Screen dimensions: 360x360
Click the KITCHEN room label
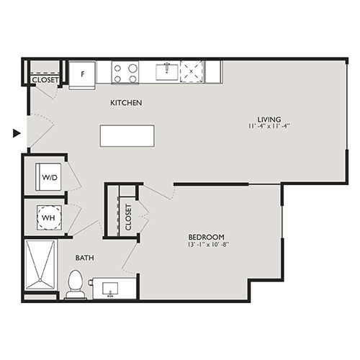point(126,103)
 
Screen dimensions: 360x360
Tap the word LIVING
point(269,120)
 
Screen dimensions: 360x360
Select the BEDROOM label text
point(206,237)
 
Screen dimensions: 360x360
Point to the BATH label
point(85,258)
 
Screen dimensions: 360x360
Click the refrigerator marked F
point(82,75)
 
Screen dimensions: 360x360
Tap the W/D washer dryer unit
point(48,177)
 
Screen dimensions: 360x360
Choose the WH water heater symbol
point(49,217)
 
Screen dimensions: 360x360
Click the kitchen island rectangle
point(127,135)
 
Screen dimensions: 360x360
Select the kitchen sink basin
point(167,72)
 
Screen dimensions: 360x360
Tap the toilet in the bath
point(76,284)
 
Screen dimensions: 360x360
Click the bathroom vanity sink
point(110,289)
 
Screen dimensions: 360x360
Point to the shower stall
point(40,264)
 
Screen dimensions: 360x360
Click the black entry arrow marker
point(17,133)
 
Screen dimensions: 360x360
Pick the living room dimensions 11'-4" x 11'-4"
point(269,126)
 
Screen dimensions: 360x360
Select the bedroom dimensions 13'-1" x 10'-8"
point(208,245)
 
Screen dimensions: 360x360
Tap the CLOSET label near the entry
point(45,80)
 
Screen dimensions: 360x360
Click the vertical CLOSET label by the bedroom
point(128,217)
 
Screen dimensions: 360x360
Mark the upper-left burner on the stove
point(117,68)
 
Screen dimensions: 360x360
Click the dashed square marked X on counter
point(192,71)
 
